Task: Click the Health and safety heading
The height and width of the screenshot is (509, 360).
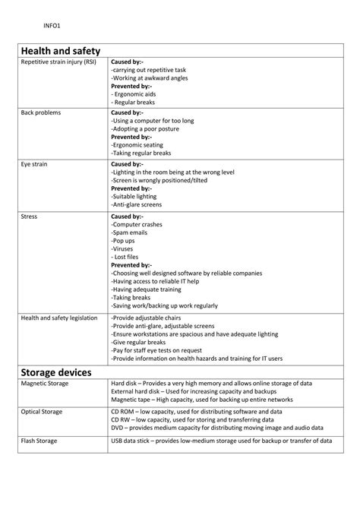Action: coord(62,50)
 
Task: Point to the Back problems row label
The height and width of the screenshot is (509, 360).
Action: coord(41,112)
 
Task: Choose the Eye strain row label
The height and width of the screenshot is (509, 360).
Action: coord(35,163)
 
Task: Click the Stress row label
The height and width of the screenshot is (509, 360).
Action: coord(29,216)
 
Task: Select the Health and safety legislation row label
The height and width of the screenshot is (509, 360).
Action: coord(58,318)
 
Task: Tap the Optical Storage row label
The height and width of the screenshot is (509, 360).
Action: coord(42,412)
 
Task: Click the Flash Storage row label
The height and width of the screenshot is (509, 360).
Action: coord(39,440)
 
